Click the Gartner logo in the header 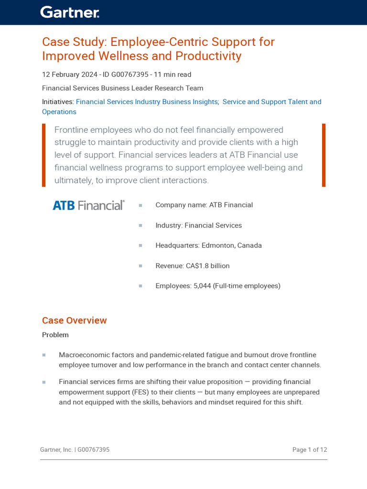[70, 12]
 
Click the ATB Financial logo [88, 205]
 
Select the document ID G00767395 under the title [129, 74]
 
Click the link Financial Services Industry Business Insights [147, 102]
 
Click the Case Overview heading [75, 320]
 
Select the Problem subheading [55, 335]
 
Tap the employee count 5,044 [202, 286]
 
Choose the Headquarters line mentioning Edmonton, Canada [208, 245]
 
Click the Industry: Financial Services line [198, 225]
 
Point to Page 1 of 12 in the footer [310, 450]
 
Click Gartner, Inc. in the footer [56, 450]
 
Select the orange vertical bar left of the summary [43, 155]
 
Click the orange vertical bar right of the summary [324, 155]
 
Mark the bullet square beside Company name [140, 205]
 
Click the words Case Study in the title [72, 42]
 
